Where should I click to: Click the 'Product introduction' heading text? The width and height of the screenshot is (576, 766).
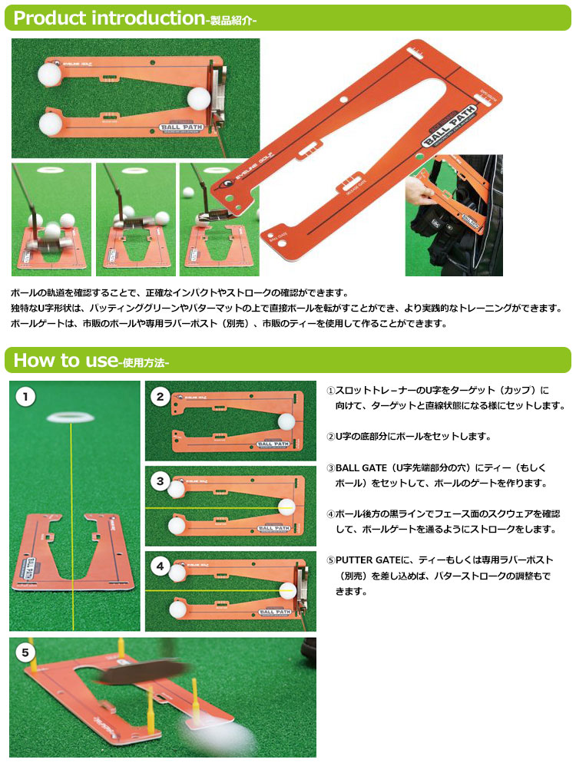[109, 18]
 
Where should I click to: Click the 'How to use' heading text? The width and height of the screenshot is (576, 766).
[65, 361]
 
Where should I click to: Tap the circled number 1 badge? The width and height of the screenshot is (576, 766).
[25, 396]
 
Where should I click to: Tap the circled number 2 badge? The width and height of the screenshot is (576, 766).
[160, 397]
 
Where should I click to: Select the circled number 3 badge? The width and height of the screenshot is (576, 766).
[160, 481]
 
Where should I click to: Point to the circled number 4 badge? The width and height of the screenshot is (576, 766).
[160, 566]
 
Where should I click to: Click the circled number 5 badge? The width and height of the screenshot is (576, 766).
[25, 652]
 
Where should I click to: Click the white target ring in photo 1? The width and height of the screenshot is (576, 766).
[71, 418]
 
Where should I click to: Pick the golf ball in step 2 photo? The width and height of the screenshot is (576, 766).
[286, 421]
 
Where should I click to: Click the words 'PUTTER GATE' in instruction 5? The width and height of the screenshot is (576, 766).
[368, 560]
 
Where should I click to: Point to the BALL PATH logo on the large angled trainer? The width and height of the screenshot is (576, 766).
[449, 126]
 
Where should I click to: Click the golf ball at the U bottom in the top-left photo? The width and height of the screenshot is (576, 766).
[198, 99]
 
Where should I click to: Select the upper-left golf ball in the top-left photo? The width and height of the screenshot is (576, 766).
[49, 73]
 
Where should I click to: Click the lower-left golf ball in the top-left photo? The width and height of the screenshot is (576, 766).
[51, 124]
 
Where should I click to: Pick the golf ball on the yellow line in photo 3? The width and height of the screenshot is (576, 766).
[286, 507]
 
